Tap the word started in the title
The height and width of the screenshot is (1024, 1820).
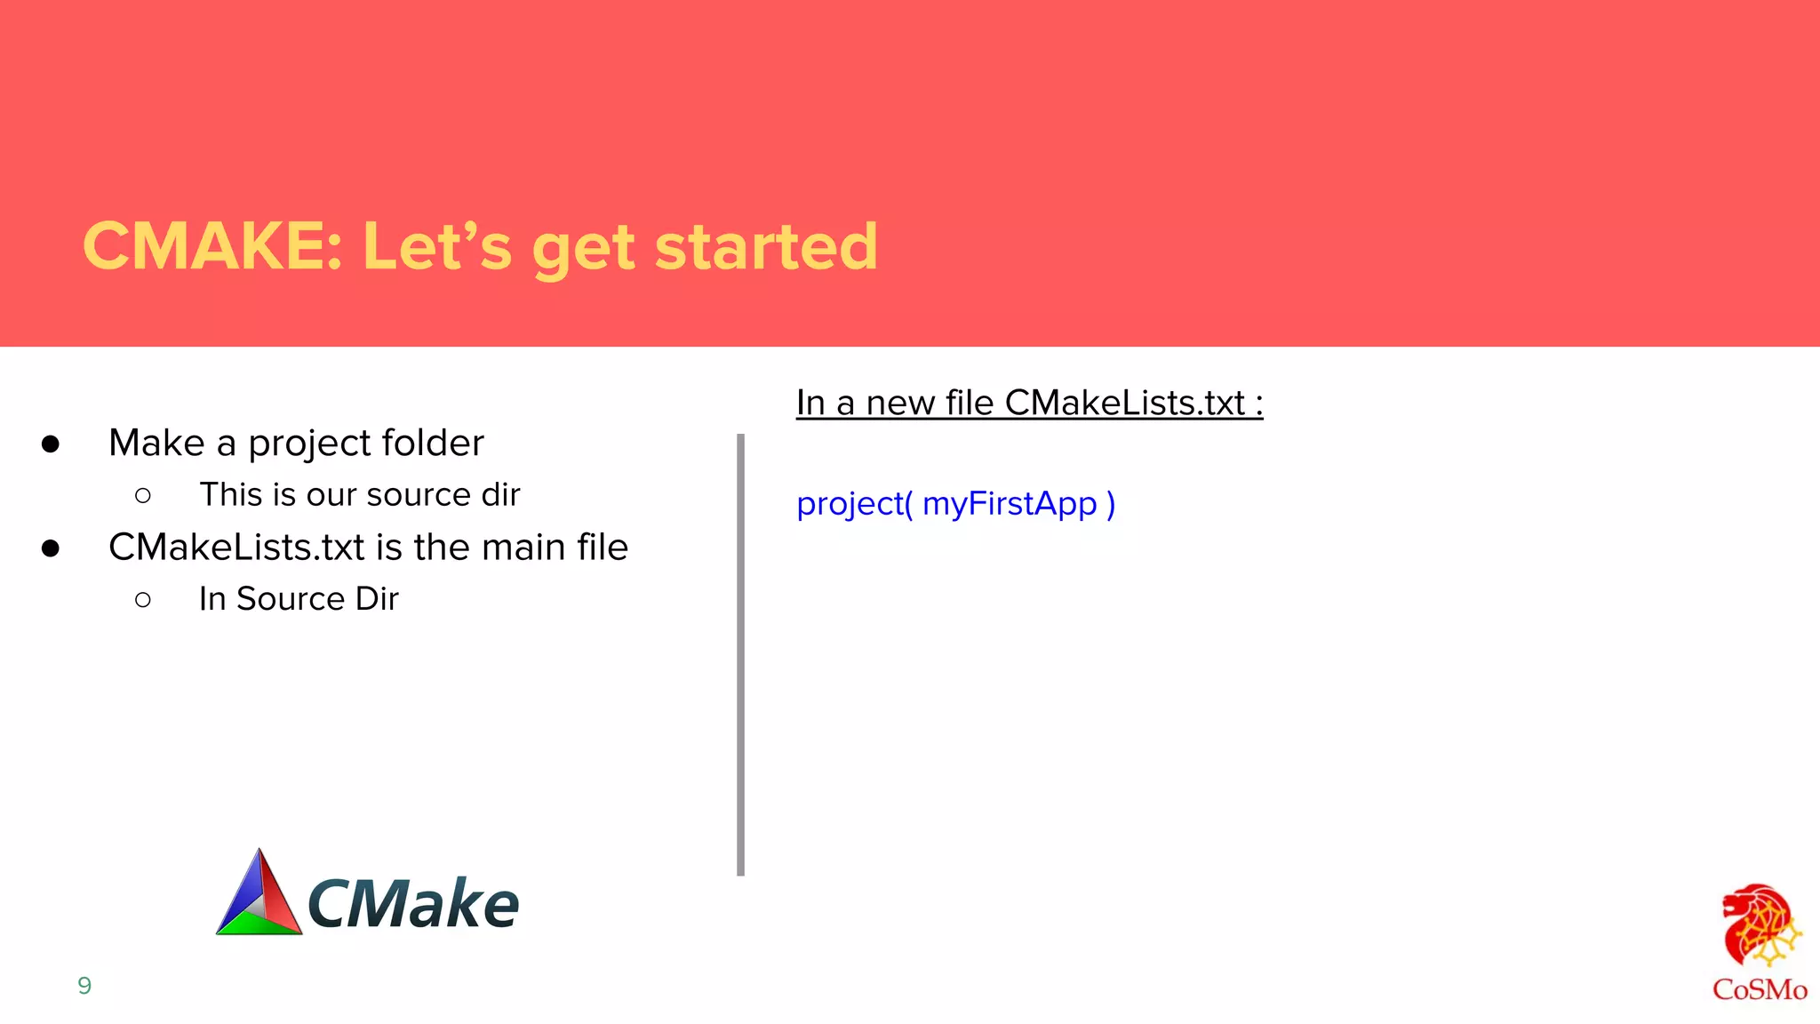point(766,246)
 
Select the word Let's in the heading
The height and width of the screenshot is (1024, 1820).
point(437,246)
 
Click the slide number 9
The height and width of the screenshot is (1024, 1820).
point(84,985)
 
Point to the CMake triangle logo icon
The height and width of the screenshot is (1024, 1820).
point(259,894)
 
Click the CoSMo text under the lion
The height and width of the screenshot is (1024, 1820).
point(1760,989)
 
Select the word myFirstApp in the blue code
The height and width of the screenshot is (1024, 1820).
point(1010,504)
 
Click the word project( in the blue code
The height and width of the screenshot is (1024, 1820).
point(854,504)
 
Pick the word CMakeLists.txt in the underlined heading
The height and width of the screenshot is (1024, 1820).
point(1124,403)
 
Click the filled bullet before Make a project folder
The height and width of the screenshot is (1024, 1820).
point(51,444)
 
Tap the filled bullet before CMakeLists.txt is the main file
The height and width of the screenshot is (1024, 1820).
point(51,548)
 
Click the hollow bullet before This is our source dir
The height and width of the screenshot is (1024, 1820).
point(143,496)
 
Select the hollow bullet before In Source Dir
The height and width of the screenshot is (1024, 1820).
point(143,600)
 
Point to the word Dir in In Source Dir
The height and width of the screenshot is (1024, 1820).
point(377,599)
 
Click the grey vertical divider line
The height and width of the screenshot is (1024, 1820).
point(740,654)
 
